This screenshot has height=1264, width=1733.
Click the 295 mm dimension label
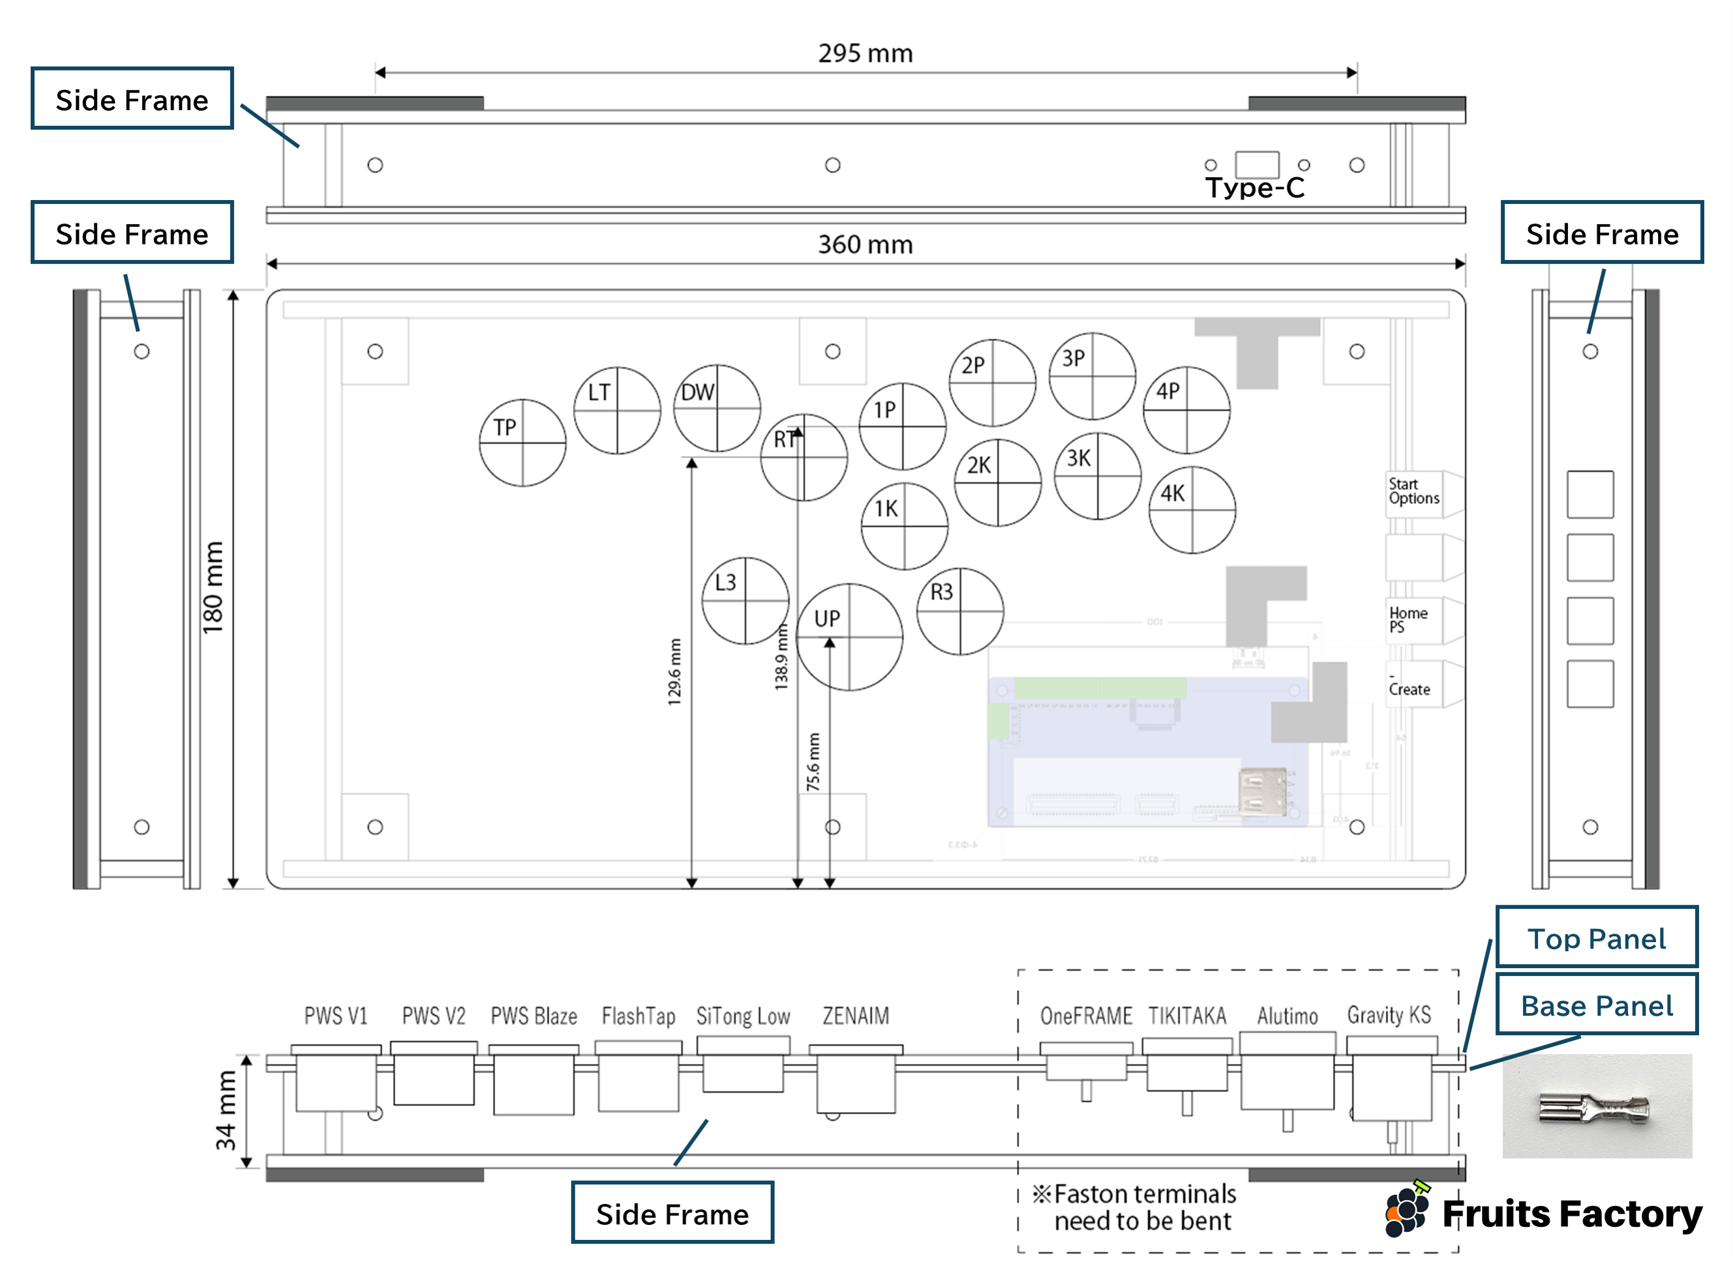[x=865, y=53]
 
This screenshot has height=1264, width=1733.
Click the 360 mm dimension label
[x=865, y=245]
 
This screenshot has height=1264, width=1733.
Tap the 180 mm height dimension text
[x=213, y=587]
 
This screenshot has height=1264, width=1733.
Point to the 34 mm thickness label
[x=226, y=1110]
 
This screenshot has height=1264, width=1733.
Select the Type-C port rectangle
[x=1257, y=164]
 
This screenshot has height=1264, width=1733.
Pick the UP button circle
[x=849, y=637]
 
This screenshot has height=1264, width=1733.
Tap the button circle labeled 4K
[x=1192, y=510]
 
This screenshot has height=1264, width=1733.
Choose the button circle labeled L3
[x=745, y=600]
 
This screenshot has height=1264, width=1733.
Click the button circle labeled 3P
[x=1093, y=375]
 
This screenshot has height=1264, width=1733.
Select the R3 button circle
[x=960, y=611]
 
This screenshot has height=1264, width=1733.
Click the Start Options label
[x=1414, y=492]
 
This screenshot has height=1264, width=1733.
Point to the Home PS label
[x=1408, y=620]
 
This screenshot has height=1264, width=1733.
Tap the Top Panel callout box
[x=1597, y=938]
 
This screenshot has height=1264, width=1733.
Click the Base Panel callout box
[x=1597, y=1005]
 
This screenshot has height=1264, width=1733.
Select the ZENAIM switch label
[x=856, y=1016]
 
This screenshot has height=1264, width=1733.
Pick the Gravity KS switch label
[x=1389, y=1016]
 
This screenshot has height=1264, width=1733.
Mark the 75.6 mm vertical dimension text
[x=813, y=762]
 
